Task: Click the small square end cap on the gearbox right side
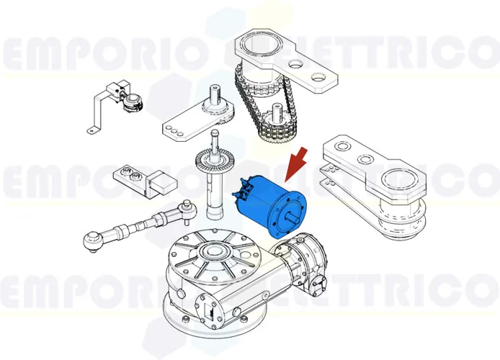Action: pyautogui.click(x=316, y=288)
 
